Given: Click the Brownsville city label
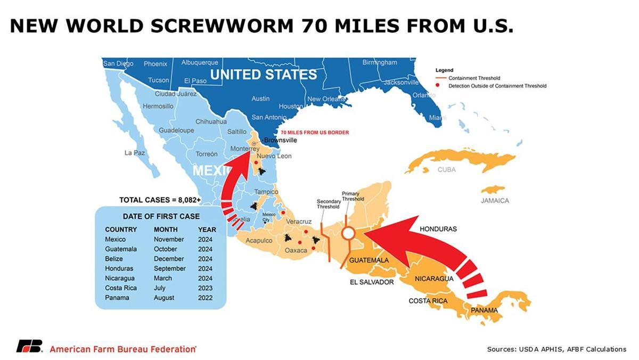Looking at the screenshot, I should click(281, 141).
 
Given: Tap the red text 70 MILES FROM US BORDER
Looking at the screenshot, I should click(315, 132).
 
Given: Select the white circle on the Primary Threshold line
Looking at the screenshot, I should click(348, 233).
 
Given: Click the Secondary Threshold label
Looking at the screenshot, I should click(329, 204).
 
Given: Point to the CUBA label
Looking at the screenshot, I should click(447, 170).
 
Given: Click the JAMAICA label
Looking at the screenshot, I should click(495, 201).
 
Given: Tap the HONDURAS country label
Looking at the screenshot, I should click(438, 228).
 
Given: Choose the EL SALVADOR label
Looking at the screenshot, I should click(372, 282).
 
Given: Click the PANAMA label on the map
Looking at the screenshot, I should click(484, 310).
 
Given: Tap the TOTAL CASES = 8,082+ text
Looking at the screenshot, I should click(160, 200).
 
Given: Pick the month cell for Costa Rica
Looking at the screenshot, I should click(160, 288).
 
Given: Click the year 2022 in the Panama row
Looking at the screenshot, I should click(205, 298).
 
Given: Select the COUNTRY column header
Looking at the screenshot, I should click(121, 230).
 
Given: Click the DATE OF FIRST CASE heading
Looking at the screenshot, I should click(161, 216).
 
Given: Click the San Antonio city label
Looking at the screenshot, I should click(269, 117).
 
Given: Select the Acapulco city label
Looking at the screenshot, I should click(259, 241).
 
